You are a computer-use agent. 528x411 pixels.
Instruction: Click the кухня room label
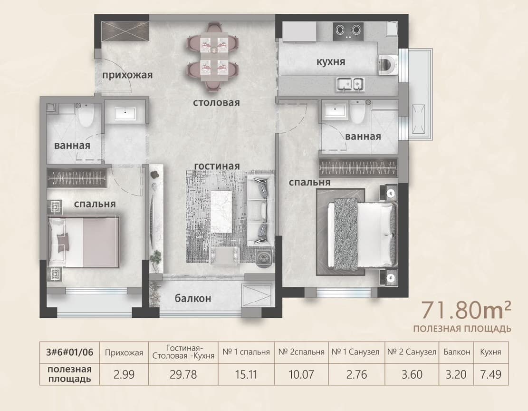331,62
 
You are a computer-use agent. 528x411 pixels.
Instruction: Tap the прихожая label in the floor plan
127,75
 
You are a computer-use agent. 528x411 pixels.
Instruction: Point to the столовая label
216,102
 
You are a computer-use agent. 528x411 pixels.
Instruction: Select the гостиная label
217,166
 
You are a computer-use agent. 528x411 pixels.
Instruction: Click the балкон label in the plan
193,298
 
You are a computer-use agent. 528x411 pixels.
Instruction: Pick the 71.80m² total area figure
466,311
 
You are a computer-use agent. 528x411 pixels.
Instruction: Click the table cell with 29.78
183,374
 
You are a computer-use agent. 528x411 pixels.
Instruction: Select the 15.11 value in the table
246,374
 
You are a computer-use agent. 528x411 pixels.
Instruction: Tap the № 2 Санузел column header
412,352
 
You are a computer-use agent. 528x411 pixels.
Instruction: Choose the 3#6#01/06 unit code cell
69,352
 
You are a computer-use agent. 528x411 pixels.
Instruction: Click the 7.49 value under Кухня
490,374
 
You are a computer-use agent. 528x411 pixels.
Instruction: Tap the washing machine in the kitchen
388,66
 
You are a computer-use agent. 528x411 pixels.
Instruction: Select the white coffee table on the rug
221,212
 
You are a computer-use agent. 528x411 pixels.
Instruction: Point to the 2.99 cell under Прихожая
124,374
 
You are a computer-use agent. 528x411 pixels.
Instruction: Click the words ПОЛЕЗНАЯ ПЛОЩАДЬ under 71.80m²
462,329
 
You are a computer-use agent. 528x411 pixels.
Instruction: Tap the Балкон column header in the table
457,352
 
